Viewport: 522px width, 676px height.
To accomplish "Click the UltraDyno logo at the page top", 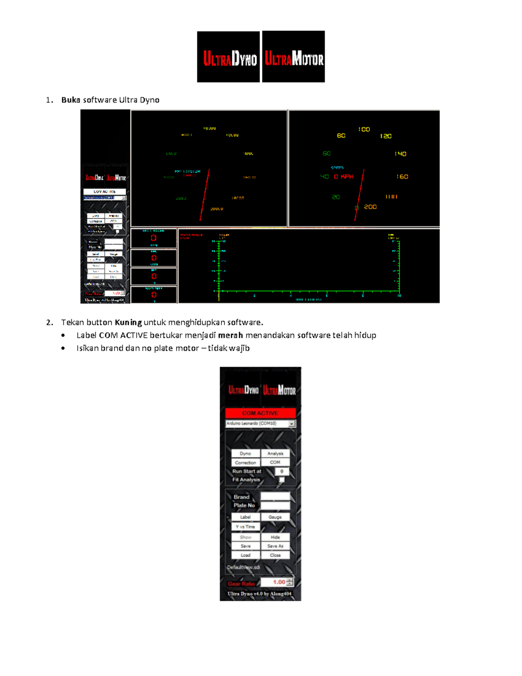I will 228,57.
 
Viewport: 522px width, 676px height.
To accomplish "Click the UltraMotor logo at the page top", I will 294,57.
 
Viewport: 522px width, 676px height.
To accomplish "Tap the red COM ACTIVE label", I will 260,413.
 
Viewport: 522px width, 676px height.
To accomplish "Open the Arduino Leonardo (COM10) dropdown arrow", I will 292,424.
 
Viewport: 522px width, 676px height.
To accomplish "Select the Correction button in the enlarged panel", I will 245,463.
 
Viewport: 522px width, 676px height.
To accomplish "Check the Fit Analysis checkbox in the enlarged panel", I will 282,480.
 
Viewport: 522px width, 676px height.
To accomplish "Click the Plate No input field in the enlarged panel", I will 275,505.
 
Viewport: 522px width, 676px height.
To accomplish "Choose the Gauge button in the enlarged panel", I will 275,517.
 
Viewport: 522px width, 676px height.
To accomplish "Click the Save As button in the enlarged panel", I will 275,546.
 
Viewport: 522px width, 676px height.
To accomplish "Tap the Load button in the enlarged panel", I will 245,555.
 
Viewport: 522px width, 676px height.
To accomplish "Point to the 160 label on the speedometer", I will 402,177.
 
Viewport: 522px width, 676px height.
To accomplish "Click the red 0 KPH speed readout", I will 343,177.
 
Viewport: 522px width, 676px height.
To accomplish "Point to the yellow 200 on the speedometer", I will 370,207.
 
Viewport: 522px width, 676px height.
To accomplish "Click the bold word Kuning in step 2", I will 128,323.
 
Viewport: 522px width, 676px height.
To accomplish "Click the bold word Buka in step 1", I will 70,100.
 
